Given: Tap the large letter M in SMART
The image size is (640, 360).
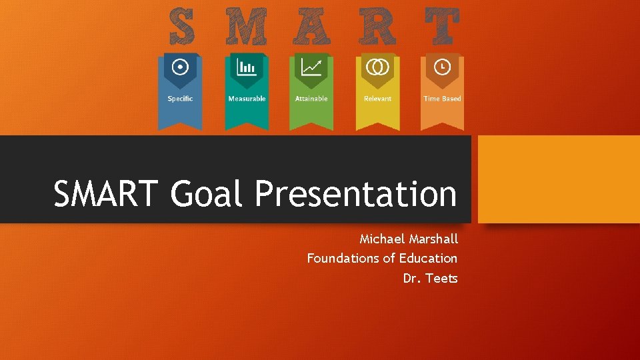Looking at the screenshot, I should coord(246,27).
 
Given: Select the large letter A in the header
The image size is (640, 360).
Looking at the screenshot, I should coord(311,27).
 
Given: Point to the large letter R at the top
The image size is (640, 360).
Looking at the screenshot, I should coord(378,27).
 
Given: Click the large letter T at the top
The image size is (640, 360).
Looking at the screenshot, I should coord(441,27).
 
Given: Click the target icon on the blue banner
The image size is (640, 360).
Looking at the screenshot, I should coord(180,67).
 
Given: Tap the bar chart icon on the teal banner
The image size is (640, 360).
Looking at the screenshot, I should coord(247,67).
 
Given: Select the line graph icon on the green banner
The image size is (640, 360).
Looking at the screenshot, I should coord(311,67).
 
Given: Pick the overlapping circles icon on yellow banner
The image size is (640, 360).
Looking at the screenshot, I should coord(377,67).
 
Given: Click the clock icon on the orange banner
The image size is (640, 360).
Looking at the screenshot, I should coord(442,67).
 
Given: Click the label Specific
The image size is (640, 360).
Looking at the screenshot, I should coord(180,99).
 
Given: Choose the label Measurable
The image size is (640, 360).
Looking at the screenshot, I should coord(247,99).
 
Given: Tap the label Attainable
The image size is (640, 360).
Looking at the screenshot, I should coord(311,99).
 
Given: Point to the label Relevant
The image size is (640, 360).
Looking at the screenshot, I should coord(377,99).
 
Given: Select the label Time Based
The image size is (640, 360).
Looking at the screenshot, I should coord(442,99).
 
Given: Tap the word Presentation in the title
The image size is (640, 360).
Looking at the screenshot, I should coord(355,194).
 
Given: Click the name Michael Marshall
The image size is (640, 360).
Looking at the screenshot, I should coord(409,239).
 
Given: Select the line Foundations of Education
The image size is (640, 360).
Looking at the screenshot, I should coord(382,258).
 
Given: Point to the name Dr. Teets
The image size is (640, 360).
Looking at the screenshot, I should coord(430,278).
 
